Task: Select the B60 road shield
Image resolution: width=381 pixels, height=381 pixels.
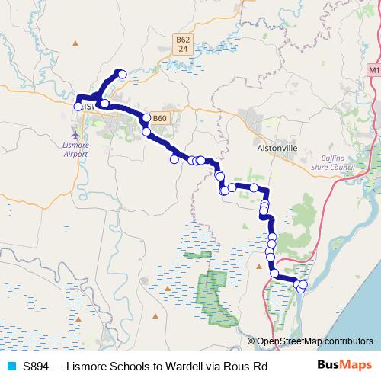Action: (159, 118)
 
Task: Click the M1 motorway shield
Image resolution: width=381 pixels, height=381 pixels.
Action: (373, 70)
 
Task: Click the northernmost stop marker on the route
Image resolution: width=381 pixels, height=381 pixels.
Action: (120, 74)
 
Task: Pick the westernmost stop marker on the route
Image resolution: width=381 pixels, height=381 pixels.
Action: (78, 107)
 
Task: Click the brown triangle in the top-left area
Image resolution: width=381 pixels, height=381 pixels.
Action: (75, 43)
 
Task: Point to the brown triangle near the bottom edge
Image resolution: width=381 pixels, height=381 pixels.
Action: (155, 315)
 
